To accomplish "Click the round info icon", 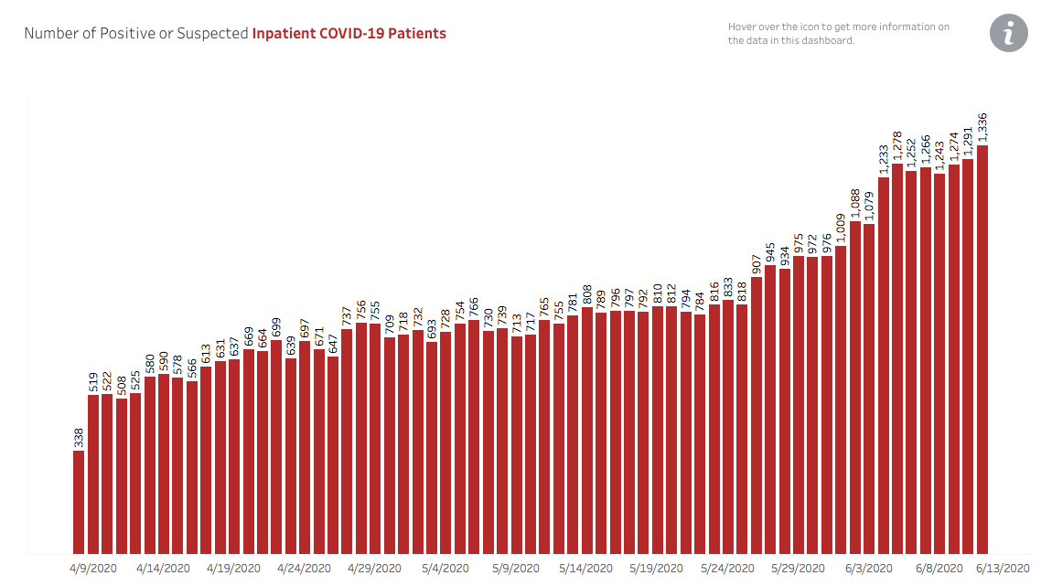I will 1008,34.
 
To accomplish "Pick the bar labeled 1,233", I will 884,365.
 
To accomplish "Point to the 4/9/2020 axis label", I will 93,568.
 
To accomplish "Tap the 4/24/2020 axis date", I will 304,568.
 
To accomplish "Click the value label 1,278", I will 897,146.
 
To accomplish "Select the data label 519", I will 93,381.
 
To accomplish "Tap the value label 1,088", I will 855,204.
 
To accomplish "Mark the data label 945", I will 771,251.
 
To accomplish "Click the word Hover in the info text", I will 743,27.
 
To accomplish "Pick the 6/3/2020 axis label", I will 864,568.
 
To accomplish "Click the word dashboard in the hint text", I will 826,40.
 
